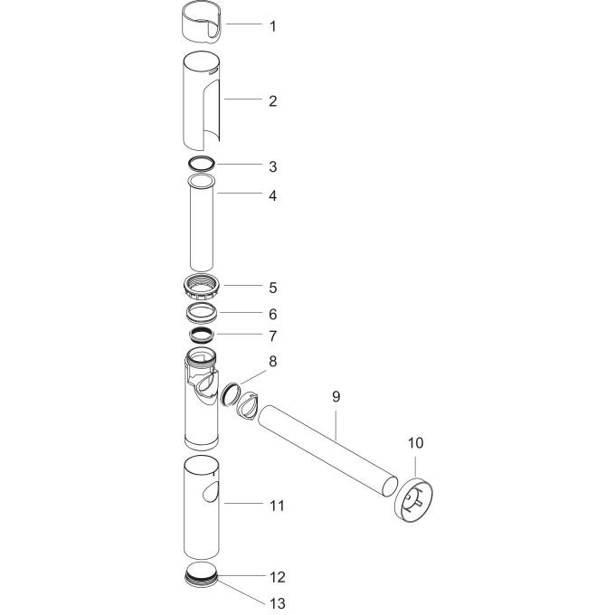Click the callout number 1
pos(272,26)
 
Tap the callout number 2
pos(272,101)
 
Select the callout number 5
pos(272,289)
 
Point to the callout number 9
pos(336,396)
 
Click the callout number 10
pos(415,443)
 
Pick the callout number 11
pos(277,504)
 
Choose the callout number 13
pos(277,603)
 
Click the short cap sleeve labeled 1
pos(201,22)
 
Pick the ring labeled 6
pos(203,314)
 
